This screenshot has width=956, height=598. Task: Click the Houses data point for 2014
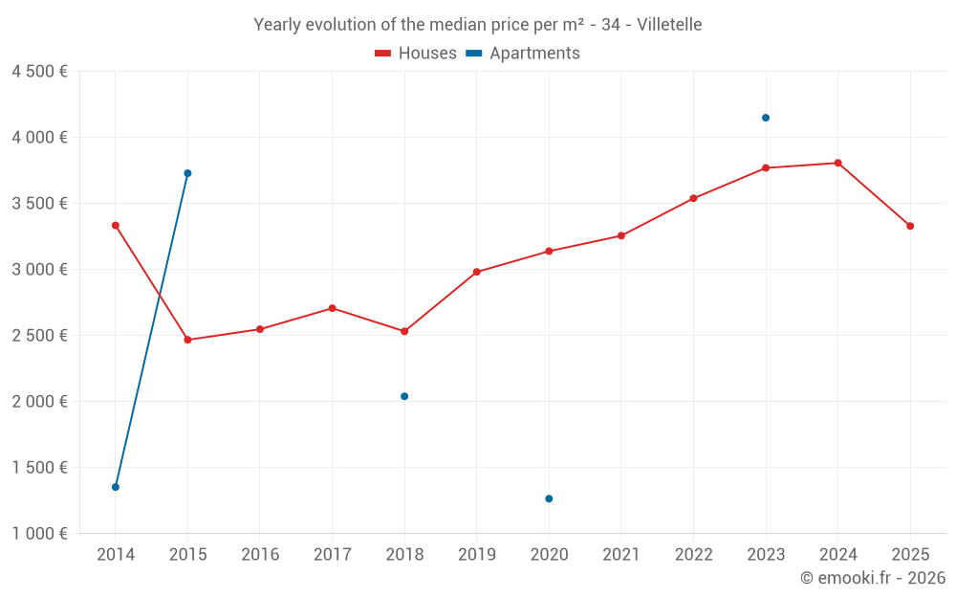[116, 226]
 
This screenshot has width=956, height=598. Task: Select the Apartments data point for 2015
[187, 173]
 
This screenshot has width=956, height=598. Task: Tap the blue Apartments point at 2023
[766, 118]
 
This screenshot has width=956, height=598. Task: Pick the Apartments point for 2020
[549, 498]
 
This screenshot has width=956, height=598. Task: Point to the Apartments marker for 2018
[404, 396]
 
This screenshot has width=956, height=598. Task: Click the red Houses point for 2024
[838, 163]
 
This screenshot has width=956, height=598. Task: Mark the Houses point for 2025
[910, 226]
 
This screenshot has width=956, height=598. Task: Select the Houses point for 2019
[477, 272]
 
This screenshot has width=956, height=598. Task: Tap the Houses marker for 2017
[332, 308]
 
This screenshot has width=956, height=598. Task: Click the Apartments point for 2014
[116, 487]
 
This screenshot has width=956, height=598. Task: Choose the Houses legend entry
[416, 54]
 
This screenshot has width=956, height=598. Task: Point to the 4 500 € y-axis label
[39, 72]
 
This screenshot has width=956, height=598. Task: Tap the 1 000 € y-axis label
[39, 534]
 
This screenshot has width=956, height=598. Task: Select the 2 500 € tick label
[39, 336]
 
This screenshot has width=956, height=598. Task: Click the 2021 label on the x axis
[621, 555]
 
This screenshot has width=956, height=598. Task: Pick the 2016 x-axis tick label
[260, 555]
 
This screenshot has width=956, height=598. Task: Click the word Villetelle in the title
[669, 25]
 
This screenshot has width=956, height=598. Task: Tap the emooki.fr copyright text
[872, 578]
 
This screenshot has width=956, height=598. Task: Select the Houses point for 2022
[694, 198]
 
